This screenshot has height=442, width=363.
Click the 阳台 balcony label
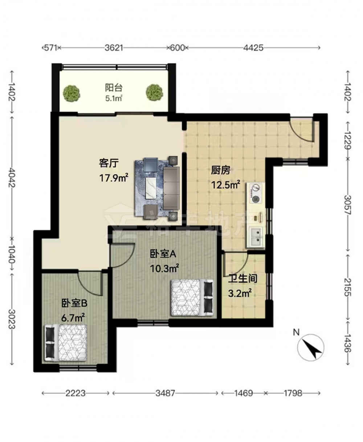click(x=114, y=88)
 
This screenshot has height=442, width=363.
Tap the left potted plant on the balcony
click(x=72, y=93)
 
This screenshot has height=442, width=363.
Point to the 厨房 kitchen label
click(x=221, y=170)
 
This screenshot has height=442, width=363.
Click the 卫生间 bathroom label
click(x=242, y=279)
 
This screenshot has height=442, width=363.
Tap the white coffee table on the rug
click(x=151, y=188)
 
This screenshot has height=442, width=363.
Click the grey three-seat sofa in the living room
click(x=172, y=188)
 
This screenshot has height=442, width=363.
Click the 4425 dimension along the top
click(x=253, y=48)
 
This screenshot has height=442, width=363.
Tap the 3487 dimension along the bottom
click(x=165, y=393)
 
